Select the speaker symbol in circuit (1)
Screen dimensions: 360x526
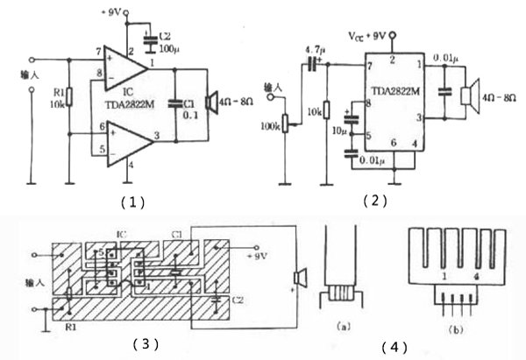coord(210,102)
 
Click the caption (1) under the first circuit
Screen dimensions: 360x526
coord(132,200)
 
